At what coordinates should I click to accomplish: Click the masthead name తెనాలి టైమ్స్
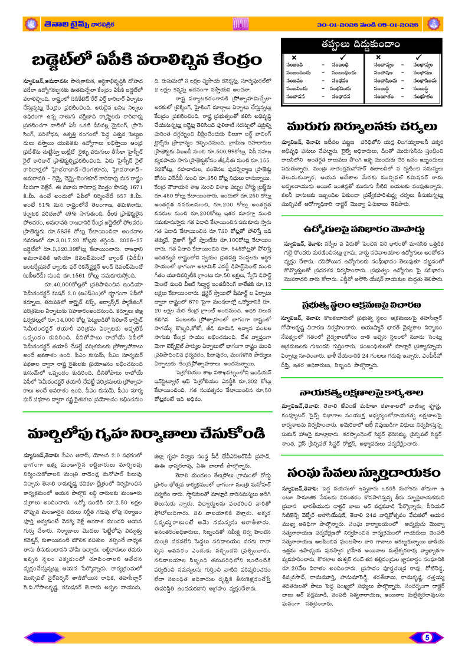click(x=68, y=24)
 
